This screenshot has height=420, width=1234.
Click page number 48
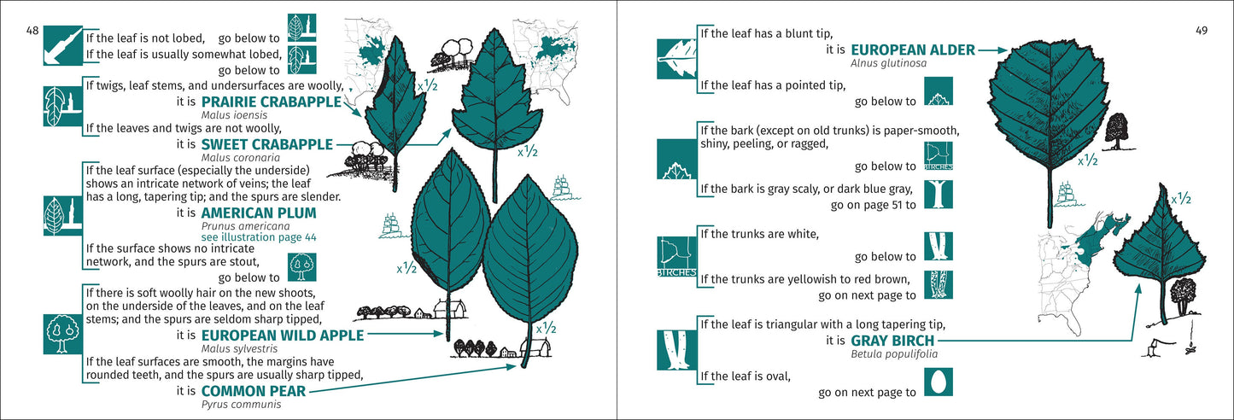tap(32, 31)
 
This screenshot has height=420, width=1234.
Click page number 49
tap(1201, 31)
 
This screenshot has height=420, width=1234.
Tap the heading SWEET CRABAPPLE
tap(266, 145)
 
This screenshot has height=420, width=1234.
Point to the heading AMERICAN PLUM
tap(259, 213)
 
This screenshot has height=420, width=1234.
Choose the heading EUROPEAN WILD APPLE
tap(283, 335)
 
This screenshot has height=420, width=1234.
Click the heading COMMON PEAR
tap(253, 392)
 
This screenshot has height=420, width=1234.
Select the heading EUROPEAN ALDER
tap(912, 50)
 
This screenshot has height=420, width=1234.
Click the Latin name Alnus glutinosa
tap(889, 64)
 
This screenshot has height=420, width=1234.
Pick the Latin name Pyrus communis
tap(241, 405)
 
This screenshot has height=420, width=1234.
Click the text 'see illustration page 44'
tap(259, 237)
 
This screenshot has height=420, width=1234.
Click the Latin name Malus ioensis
tap(226, 114)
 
